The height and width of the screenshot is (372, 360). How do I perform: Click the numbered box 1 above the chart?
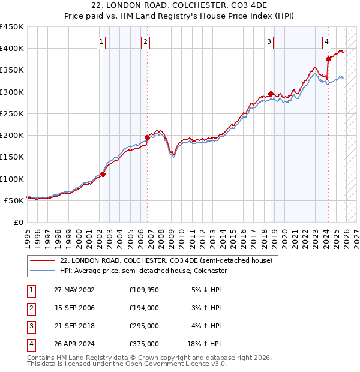101,41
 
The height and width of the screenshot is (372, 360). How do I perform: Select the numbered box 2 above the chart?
146,41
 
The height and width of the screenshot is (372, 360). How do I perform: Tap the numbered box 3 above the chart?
269,41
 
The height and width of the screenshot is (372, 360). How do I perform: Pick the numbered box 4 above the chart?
326,41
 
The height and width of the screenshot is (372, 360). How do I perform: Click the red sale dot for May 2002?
103,175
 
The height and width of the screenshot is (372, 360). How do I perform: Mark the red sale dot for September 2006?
148,138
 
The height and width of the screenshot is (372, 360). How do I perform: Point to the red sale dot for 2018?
271,94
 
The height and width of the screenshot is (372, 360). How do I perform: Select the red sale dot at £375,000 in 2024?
328,59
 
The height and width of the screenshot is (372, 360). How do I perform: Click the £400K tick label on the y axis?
12,49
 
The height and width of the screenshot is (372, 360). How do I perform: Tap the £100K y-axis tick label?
12,179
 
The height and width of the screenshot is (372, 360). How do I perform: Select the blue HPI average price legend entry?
143,271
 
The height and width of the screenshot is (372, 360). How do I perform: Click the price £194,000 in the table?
144,308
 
